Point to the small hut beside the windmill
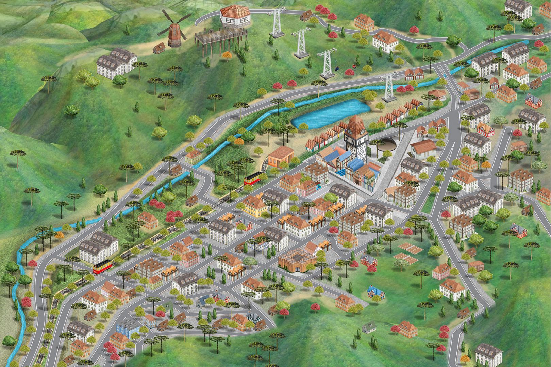(x=158, y=48)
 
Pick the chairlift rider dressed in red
(x=354, y=66)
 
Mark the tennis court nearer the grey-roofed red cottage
(x=402, y=263)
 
